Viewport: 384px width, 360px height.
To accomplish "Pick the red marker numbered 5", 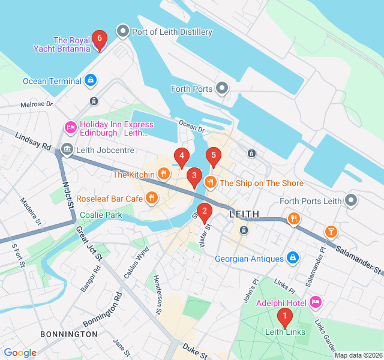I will click(212, 157).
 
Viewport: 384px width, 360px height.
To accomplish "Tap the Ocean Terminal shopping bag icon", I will click(90, 80).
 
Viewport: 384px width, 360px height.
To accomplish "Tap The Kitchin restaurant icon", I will click(163, 175).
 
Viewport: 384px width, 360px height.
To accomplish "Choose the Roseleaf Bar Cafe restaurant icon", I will click(151, 197).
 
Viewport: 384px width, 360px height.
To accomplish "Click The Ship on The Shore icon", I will click(210, 182).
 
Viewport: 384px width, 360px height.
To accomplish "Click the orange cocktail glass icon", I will click(331, 231).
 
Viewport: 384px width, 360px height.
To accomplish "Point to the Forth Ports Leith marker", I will click(351, 200).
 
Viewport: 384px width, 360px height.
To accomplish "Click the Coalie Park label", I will click(101, 215).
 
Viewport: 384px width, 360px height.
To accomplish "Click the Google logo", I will click(20, 353).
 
